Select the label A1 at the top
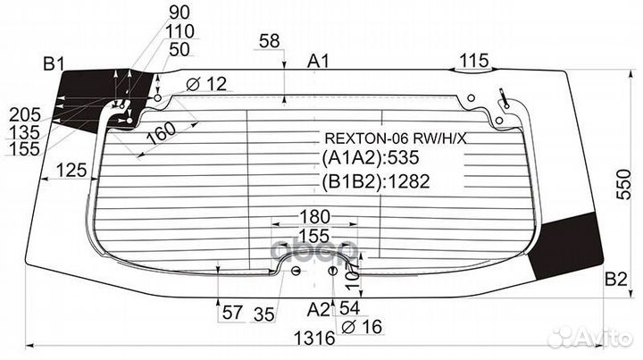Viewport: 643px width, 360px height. point(319,61)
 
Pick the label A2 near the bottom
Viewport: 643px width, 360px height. point(318,310)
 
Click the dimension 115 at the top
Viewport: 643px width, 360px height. point(473,61)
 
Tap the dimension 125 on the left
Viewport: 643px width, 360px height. point(68,169)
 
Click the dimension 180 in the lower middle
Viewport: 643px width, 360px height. point(313,217)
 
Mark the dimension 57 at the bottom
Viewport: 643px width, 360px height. point(232,312)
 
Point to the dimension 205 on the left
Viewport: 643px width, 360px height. point(24,114)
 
